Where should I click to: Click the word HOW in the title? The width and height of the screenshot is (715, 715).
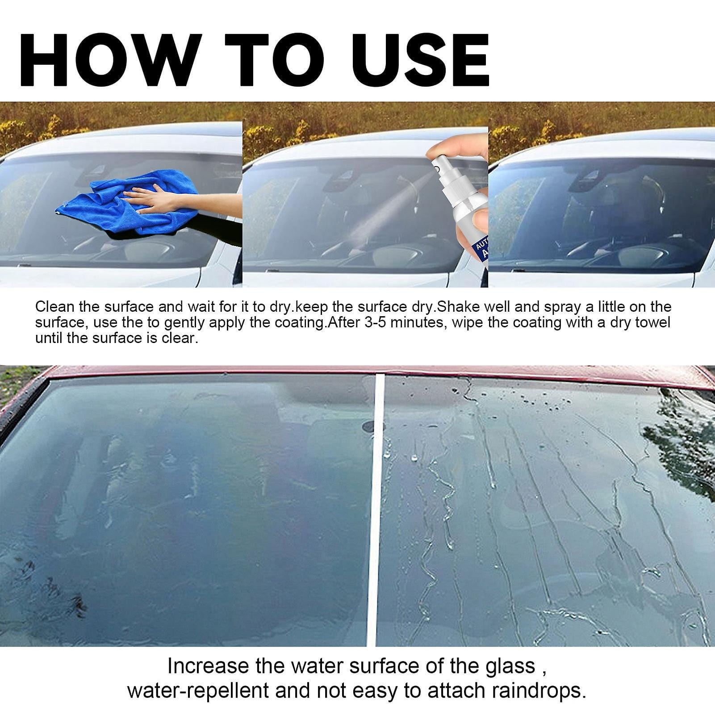point(107,59)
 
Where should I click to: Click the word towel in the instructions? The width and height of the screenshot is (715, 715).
point(650,322)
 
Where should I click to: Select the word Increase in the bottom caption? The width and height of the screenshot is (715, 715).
point(208,666)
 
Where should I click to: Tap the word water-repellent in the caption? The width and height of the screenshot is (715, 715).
point(198,690)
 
